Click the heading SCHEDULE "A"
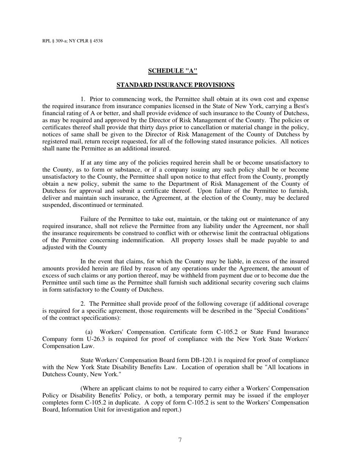(x=172, y=71)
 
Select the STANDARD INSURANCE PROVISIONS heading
(x=175, y=85)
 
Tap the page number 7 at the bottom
(x=180, y=440)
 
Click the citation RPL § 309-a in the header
(x=54, y=41)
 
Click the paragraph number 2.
(x=83, y=304)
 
